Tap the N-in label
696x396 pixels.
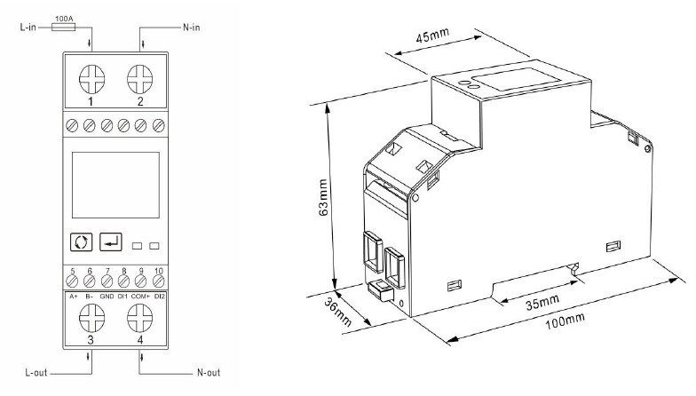pyautogui.click(x=194, y=28)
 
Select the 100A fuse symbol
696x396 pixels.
pyautogui.click(x=64, y=28)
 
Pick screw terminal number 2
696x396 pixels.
pyautogui.click(x=139, y=81)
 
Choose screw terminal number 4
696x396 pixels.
pyautogui.click(x=139, y=316)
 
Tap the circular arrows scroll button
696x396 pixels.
pyautogui.click(x=80, y=242)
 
